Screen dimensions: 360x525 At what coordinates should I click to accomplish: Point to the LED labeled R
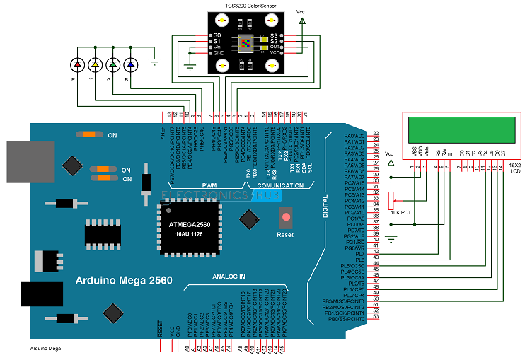point(78,65)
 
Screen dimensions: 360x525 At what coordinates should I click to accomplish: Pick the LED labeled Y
point(95,65)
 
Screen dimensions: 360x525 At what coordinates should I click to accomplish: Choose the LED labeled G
point(112,65)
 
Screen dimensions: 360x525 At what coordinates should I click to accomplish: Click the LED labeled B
point(129,65)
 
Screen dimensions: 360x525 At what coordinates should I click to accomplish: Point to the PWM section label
point(209,185)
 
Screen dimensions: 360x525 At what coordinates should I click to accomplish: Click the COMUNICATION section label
point(281,185)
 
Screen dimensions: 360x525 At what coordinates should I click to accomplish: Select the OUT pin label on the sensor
point(273,47)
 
